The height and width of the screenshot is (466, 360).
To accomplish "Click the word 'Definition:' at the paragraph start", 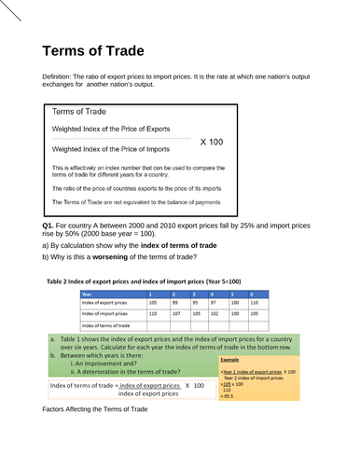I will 61,75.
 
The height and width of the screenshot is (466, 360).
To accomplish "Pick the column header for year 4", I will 214,294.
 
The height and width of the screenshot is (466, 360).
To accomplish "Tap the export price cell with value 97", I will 215,303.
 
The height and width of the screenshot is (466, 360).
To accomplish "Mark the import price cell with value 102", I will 215,314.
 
